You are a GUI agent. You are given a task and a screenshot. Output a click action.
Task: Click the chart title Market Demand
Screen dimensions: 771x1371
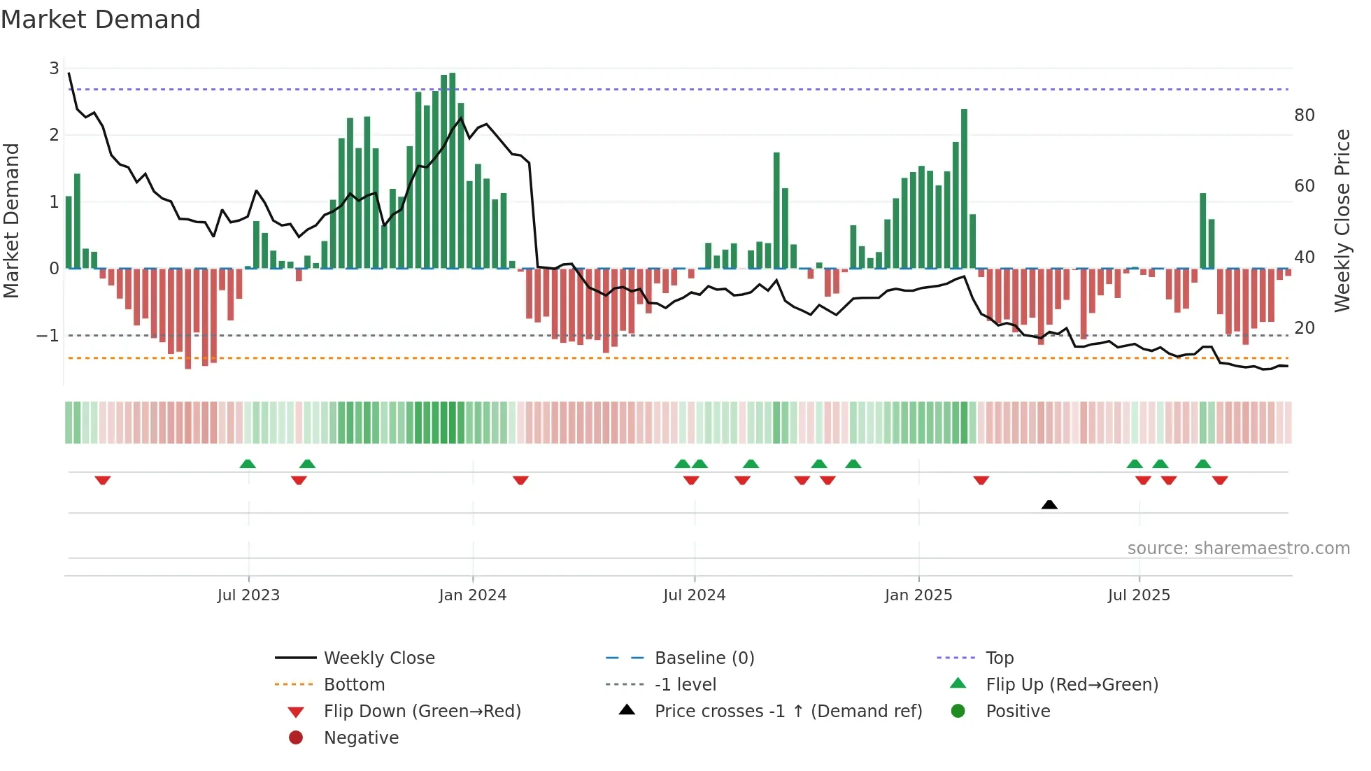click(x=101, y=20)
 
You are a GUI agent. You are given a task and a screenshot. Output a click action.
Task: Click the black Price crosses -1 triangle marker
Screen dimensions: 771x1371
click(x=1049, y=504)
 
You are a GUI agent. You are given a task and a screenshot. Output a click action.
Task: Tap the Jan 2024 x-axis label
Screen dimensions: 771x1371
click(x=472, y=595)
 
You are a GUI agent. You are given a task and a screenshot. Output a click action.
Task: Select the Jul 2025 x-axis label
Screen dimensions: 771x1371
click(x=1139, y=595)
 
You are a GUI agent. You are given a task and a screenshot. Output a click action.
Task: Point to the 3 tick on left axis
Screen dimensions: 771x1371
click(x=54, y=69)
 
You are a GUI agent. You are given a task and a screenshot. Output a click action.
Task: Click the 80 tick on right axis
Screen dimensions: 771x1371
click(x=1304, y=115)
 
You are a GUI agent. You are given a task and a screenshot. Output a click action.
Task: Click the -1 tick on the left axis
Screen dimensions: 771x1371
click(x=48, y=336)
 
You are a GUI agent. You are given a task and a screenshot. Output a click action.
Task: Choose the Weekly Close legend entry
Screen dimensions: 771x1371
click(x=378, y=658)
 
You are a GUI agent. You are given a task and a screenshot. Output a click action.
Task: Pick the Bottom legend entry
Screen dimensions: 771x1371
click(x=354, y=685)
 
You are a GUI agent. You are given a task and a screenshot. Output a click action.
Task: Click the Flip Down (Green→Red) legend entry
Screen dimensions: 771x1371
click(x=422, y=712)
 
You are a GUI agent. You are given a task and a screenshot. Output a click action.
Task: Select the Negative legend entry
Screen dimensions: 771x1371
click(x=361, y=738)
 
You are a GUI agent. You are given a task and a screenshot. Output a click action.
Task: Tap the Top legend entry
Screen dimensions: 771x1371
click(x=999, y=658)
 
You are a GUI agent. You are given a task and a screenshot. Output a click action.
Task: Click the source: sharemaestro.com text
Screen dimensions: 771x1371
click(x=1238, y=549)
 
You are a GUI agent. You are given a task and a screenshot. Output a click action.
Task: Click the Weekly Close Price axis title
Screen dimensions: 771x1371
click(x=1342, y=220)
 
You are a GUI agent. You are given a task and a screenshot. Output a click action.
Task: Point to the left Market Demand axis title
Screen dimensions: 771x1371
click(x=11, y=220)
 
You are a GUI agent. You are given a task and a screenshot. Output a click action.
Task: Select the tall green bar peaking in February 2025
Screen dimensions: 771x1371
click(x=964, y=189)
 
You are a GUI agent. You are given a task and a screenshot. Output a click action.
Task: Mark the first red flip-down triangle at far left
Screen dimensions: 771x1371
click(x=103, y=480)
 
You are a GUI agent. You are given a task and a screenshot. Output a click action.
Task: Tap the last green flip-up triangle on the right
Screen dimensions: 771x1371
click(x=1203, y=464)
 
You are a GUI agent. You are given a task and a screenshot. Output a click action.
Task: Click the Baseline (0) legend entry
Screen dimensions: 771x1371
click(x=704, y=658)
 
